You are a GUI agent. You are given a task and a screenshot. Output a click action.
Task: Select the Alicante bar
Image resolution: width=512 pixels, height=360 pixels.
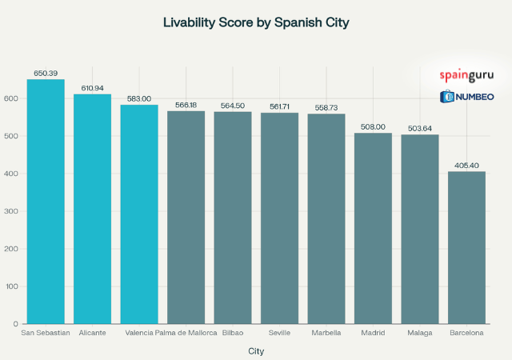tap(93, 209)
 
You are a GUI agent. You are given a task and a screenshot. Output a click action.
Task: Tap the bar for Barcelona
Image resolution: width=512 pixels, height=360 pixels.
tap(466, 247)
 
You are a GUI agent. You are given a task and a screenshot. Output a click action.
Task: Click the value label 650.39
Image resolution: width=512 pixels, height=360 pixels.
tap(46, 73)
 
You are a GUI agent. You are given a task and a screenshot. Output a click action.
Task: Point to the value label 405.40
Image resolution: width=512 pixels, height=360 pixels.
tap(466, 165)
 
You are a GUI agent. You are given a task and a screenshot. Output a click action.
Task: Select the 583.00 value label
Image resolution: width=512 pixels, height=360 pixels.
tap(139, 98)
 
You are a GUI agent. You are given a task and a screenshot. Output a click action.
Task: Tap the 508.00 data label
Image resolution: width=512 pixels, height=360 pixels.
tap(373, 126)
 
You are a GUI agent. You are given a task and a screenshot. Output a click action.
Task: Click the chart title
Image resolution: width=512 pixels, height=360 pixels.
tap(256, 22)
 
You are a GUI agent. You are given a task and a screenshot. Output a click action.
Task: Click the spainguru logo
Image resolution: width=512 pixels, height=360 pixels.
tap(466, 76)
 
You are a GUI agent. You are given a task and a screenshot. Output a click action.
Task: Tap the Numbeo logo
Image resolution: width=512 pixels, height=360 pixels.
tap(466, 98)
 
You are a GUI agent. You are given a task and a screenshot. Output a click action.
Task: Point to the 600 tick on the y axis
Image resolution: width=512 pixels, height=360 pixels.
tap(11, 98)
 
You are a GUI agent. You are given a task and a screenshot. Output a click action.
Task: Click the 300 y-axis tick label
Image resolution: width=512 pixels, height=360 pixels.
tap(11, 211)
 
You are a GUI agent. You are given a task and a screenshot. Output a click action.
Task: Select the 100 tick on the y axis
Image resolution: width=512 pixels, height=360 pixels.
tap(11, 286)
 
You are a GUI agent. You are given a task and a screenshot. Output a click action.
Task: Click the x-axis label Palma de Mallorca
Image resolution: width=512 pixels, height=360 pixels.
tap(186, 333)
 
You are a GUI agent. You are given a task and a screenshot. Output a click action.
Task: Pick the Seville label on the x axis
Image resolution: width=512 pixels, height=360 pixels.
tap(279, 333)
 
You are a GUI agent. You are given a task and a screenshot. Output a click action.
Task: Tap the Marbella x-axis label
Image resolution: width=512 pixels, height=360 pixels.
tap(326, 333)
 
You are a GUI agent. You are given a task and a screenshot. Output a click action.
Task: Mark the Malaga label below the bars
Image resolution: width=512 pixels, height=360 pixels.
tap(419, 333)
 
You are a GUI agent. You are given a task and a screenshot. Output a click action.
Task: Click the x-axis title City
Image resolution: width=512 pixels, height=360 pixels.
tap(256, 350)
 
